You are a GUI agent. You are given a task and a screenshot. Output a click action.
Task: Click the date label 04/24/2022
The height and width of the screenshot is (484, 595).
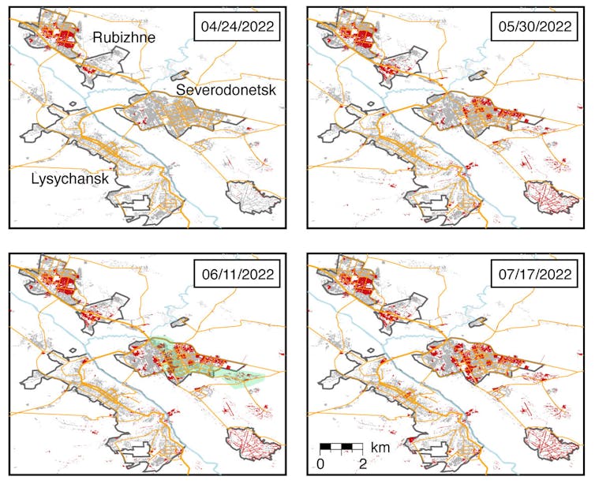tap(238, 27)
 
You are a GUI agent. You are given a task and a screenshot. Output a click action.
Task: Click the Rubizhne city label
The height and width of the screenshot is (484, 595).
tap(122, 36)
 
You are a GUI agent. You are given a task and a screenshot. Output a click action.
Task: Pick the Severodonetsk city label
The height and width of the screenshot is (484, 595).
tap(226, 91)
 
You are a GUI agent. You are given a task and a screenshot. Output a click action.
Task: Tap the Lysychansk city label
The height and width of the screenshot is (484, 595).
tap(69, 178)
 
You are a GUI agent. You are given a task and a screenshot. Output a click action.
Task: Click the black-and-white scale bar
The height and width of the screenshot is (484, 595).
tap(341, 448)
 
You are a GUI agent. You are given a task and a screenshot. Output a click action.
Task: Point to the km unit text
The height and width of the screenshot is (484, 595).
tap(381, 448)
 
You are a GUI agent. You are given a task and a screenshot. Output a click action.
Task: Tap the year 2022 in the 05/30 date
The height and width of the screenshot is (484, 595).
tap(556, 27)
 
